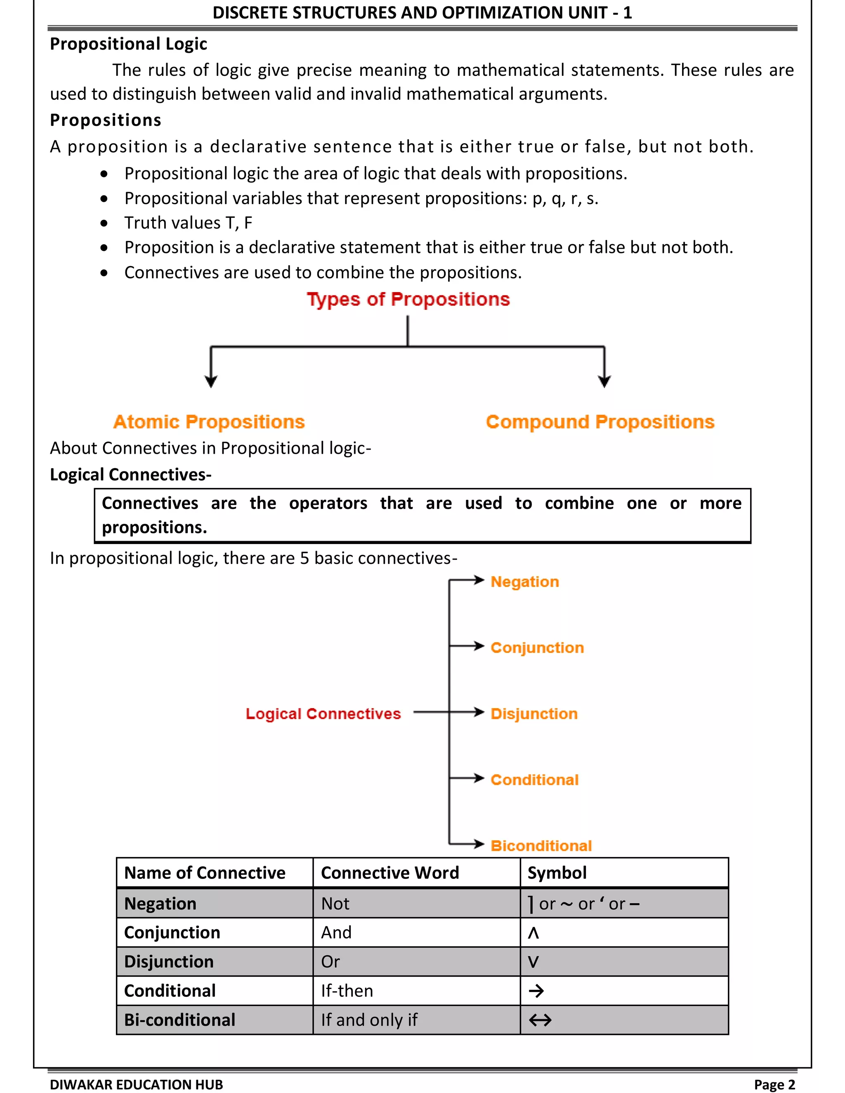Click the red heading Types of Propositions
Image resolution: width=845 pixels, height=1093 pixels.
[408, 299]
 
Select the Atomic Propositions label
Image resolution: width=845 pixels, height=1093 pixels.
[209, 422]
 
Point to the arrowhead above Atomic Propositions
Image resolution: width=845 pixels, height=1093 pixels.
[211, 382]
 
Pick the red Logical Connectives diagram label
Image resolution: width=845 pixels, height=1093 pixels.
[323, 714]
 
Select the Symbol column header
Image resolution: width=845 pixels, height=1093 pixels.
[557, 873]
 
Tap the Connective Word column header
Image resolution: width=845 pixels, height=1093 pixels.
[389, 873]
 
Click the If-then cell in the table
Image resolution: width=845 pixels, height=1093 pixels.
[347, 991]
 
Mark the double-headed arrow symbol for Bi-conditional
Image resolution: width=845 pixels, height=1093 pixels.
[540, 1020]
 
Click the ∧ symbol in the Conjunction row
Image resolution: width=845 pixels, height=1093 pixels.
[533, 933]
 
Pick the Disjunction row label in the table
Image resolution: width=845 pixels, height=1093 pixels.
[169, 962]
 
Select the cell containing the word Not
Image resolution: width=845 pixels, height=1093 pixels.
[335, 904]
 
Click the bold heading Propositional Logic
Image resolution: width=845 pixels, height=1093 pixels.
[128, 44]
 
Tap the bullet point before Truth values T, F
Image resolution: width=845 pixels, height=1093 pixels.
[104, 223]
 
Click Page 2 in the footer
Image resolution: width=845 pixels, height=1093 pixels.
[774, 1084]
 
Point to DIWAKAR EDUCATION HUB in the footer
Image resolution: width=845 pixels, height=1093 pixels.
[136, 1084]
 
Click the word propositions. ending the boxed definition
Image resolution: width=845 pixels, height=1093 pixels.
[154, 528]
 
